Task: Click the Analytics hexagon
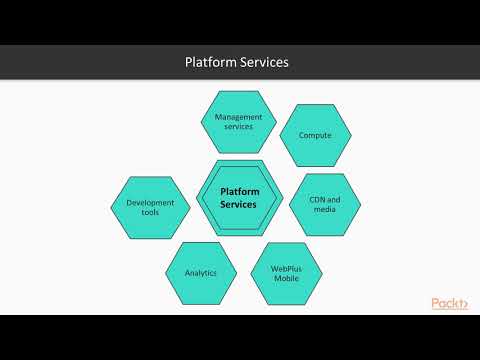[x=200, y=272]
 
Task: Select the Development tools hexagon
[x=151, y=207]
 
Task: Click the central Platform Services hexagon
[x=238, y=197]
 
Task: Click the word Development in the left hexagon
[x=151, y=202]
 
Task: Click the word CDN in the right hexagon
[x=311, y=199]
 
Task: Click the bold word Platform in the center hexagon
[x=238, y=190]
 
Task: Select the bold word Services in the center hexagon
[x=238, y=204]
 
